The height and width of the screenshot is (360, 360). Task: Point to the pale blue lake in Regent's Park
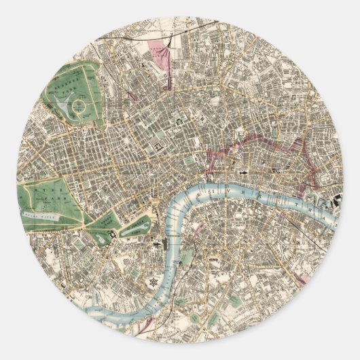tap(62, 106)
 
